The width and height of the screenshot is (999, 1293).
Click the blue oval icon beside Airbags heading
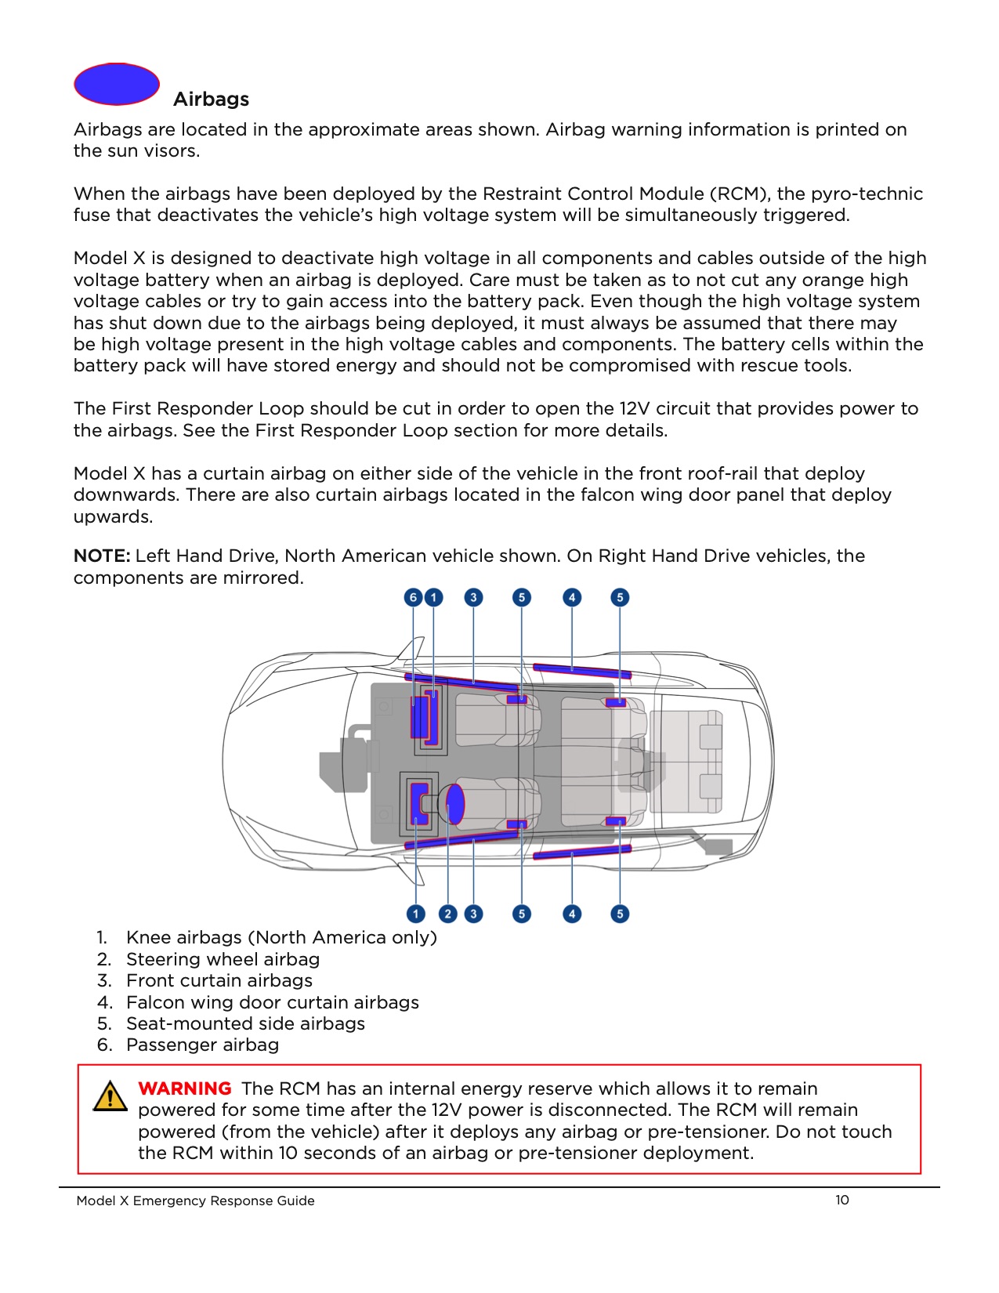[x=117, y=84]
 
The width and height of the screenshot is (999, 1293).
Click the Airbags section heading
[x=211, y=100]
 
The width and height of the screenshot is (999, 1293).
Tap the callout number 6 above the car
[x=414, y=598]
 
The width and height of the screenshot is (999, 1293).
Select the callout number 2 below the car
[x=448, y=914]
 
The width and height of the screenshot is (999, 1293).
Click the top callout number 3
[x=473, y=598]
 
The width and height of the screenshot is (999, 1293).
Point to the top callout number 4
[x=572, y=598]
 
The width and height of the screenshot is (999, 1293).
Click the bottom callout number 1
[x=416, y=914]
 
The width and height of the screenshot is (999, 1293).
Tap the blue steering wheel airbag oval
[x=455, y=803]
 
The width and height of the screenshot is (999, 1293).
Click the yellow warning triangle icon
[x=110, y=1096]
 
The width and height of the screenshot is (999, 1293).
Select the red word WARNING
[x=185, y=1088]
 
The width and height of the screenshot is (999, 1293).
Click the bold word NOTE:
[x=102, y=556]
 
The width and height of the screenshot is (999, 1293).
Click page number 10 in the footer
[x=842, y=1200]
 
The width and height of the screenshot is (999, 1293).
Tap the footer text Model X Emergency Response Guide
[x=195, y=1201]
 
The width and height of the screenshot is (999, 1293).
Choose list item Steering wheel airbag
[x=223, y=959]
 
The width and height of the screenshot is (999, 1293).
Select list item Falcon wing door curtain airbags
[x=272, y=1002]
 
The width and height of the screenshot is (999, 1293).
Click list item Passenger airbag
[x=202, y=1045]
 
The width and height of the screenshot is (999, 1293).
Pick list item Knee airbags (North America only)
[x=281, y=937]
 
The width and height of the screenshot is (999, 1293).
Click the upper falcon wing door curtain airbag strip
[x=581, y=670]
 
